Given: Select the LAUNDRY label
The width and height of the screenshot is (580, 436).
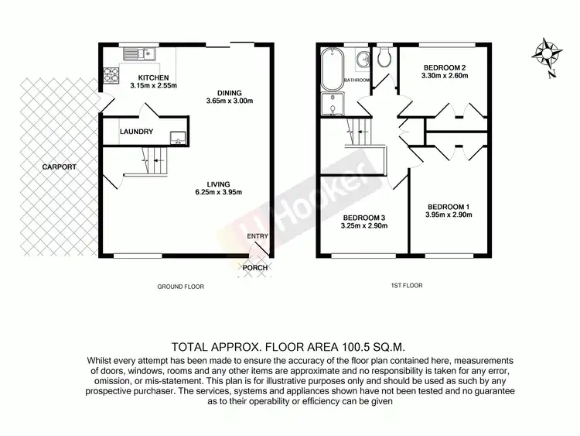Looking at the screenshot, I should point(136,132).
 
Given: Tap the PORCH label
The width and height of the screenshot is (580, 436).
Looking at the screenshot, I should point(255,268).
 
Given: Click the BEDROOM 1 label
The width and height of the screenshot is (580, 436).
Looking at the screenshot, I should point(449,207).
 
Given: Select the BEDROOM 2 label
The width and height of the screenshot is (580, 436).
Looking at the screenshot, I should point(442,67).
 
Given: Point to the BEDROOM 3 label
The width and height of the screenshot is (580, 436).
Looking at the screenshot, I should point(363,218).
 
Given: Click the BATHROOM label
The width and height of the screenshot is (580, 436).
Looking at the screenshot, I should point(357,81).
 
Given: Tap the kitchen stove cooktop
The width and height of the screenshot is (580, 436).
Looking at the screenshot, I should point(110,76).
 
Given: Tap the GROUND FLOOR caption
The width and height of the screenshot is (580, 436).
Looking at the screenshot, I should point(180,286).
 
